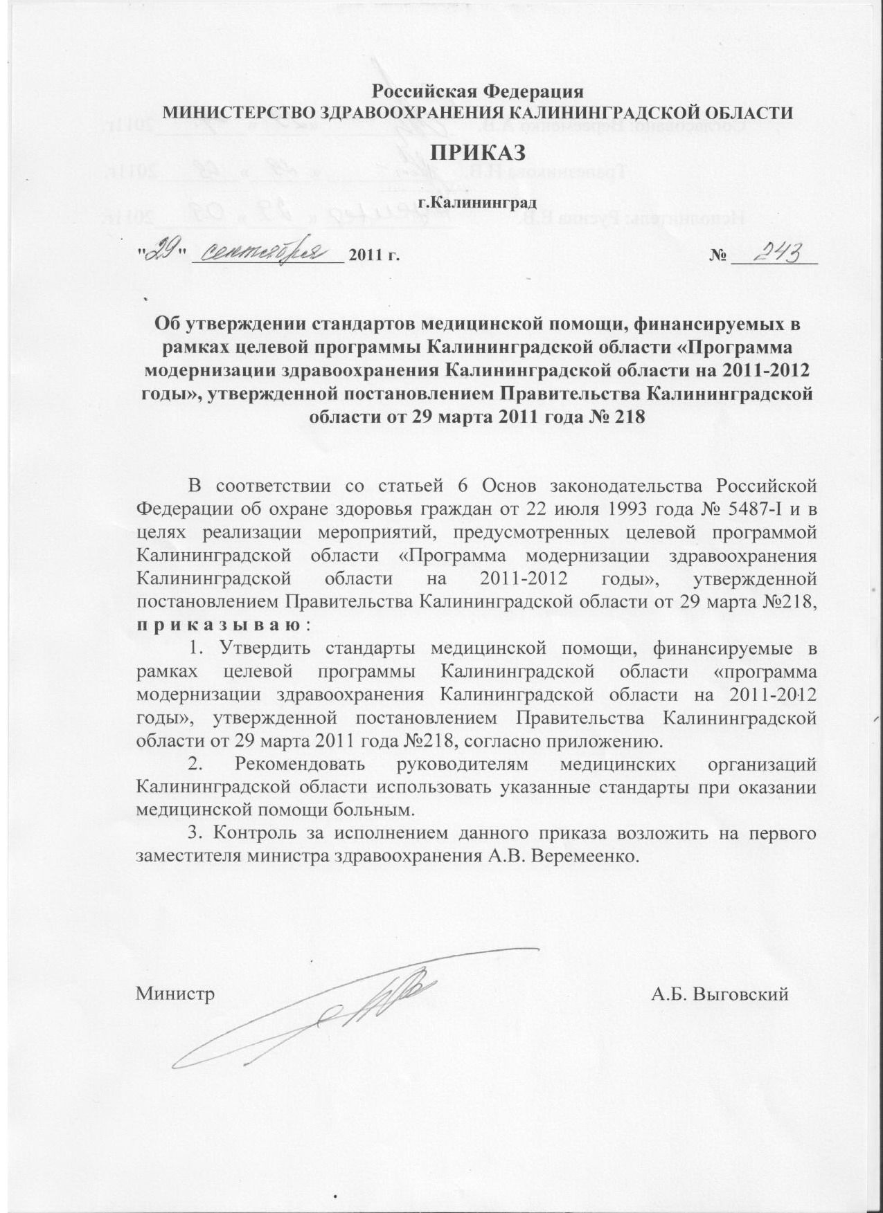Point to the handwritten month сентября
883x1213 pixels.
[266, 253]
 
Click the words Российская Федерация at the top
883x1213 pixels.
[478, 91]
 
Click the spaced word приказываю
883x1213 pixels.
[219, 626]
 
